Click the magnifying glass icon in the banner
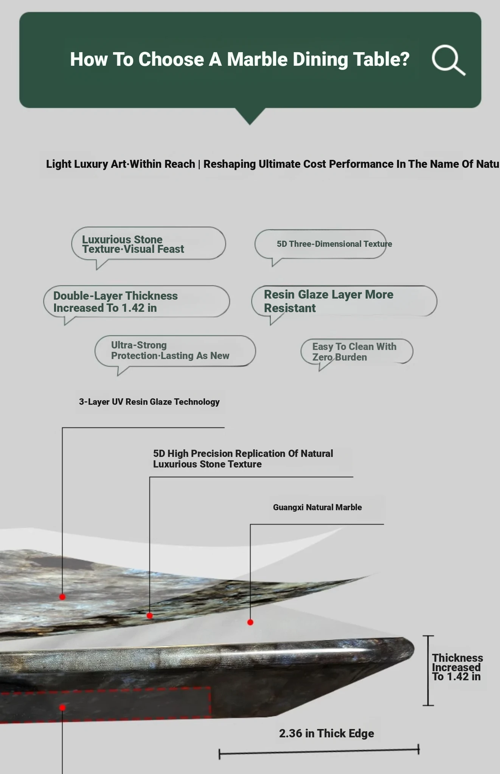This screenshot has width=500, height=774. tap(448, 60)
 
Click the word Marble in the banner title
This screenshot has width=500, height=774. tap(257, 59)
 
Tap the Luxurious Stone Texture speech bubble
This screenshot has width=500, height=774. tap(148, 244)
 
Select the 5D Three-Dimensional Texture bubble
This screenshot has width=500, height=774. tap(321, 245)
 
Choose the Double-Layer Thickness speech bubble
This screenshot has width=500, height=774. tap(137, 302)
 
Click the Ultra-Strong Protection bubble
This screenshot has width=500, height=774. tap(175, 351)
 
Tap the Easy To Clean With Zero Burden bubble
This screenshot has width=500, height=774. tap(357, 352)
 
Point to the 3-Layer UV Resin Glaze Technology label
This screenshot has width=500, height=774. tap(149, 402)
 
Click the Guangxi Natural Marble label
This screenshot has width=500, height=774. tap(317, 507)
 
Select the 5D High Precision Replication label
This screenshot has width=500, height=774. tap(243, 458)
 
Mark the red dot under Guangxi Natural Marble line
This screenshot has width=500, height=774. tap(250, 622)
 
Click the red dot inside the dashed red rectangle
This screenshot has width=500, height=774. tap(62, 707)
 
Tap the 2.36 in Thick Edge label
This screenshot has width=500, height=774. tap(326, 733)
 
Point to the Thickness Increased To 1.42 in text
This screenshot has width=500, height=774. tap(457, 667)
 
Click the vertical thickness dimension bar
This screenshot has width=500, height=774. tap(428, 670)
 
